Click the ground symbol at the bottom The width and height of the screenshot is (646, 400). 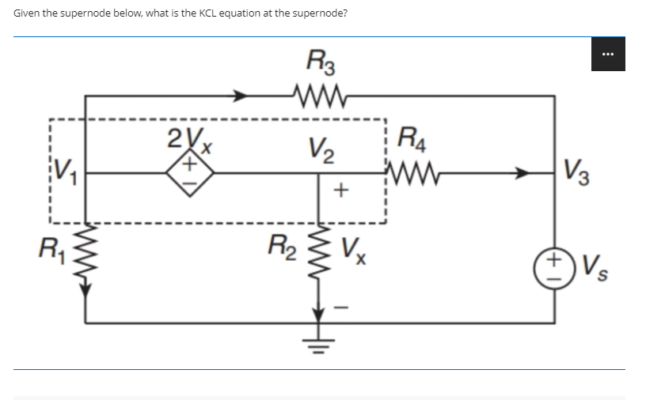[x=319, y=336]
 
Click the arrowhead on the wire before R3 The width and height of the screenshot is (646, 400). [x=240, y=96]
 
